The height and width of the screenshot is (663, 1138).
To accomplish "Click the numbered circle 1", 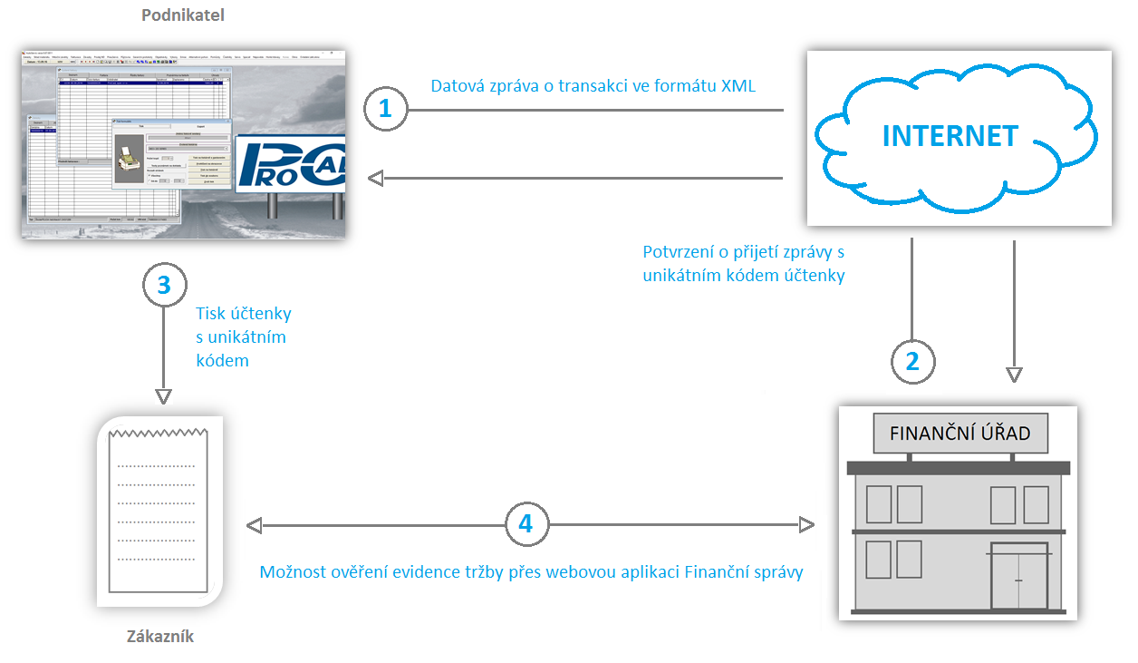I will click(386, 110).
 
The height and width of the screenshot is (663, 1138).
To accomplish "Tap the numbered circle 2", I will click(912, 360).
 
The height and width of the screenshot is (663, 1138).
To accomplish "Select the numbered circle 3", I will click(164, 285).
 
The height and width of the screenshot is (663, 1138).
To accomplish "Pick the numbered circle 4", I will click(526, 524).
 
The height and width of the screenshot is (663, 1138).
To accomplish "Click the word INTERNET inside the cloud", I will click(950, 136).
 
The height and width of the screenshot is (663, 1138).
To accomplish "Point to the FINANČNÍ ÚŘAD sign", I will click(960, 433).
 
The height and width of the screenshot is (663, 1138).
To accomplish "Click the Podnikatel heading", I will click(183, 15).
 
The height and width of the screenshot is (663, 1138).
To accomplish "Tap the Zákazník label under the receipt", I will click(160, 636).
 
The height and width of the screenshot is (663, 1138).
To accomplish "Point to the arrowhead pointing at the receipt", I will click(164, 397).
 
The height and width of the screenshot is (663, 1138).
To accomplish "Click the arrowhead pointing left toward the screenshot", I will click(375, 179).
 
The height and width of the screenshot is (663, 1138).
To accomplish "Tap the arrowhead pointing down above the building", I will click(1014, 374).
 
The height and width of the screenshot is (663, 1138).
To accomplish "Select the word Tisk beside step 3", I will click(213, 314).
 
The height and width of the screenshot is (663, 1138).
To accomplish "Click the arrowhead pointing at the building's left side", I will click(806, 524).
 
